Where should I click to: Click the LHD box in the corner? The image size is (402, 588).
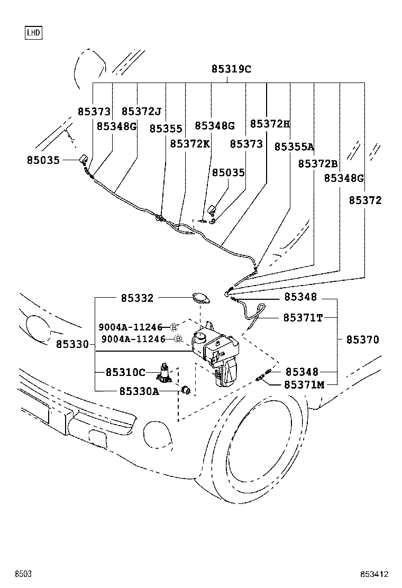33,33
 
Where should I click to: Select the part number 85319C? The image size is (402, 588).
231,69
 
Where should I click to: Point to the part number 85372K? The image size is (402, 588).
190,144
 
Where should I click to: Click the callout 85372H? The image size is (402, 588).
270,124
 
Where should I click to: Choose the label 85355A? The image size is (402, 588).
294,147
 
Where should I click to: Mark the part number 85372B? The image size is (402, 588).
317,164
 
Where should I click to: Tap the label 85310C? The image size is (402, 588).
125,372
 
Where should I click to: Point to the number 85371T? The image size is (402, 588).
303,317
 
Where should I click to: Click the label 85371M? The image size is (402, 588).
304,384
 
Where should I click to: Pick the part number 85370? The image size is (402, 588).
363,340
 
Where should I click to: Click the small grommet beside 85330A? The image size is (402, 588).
186,391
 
